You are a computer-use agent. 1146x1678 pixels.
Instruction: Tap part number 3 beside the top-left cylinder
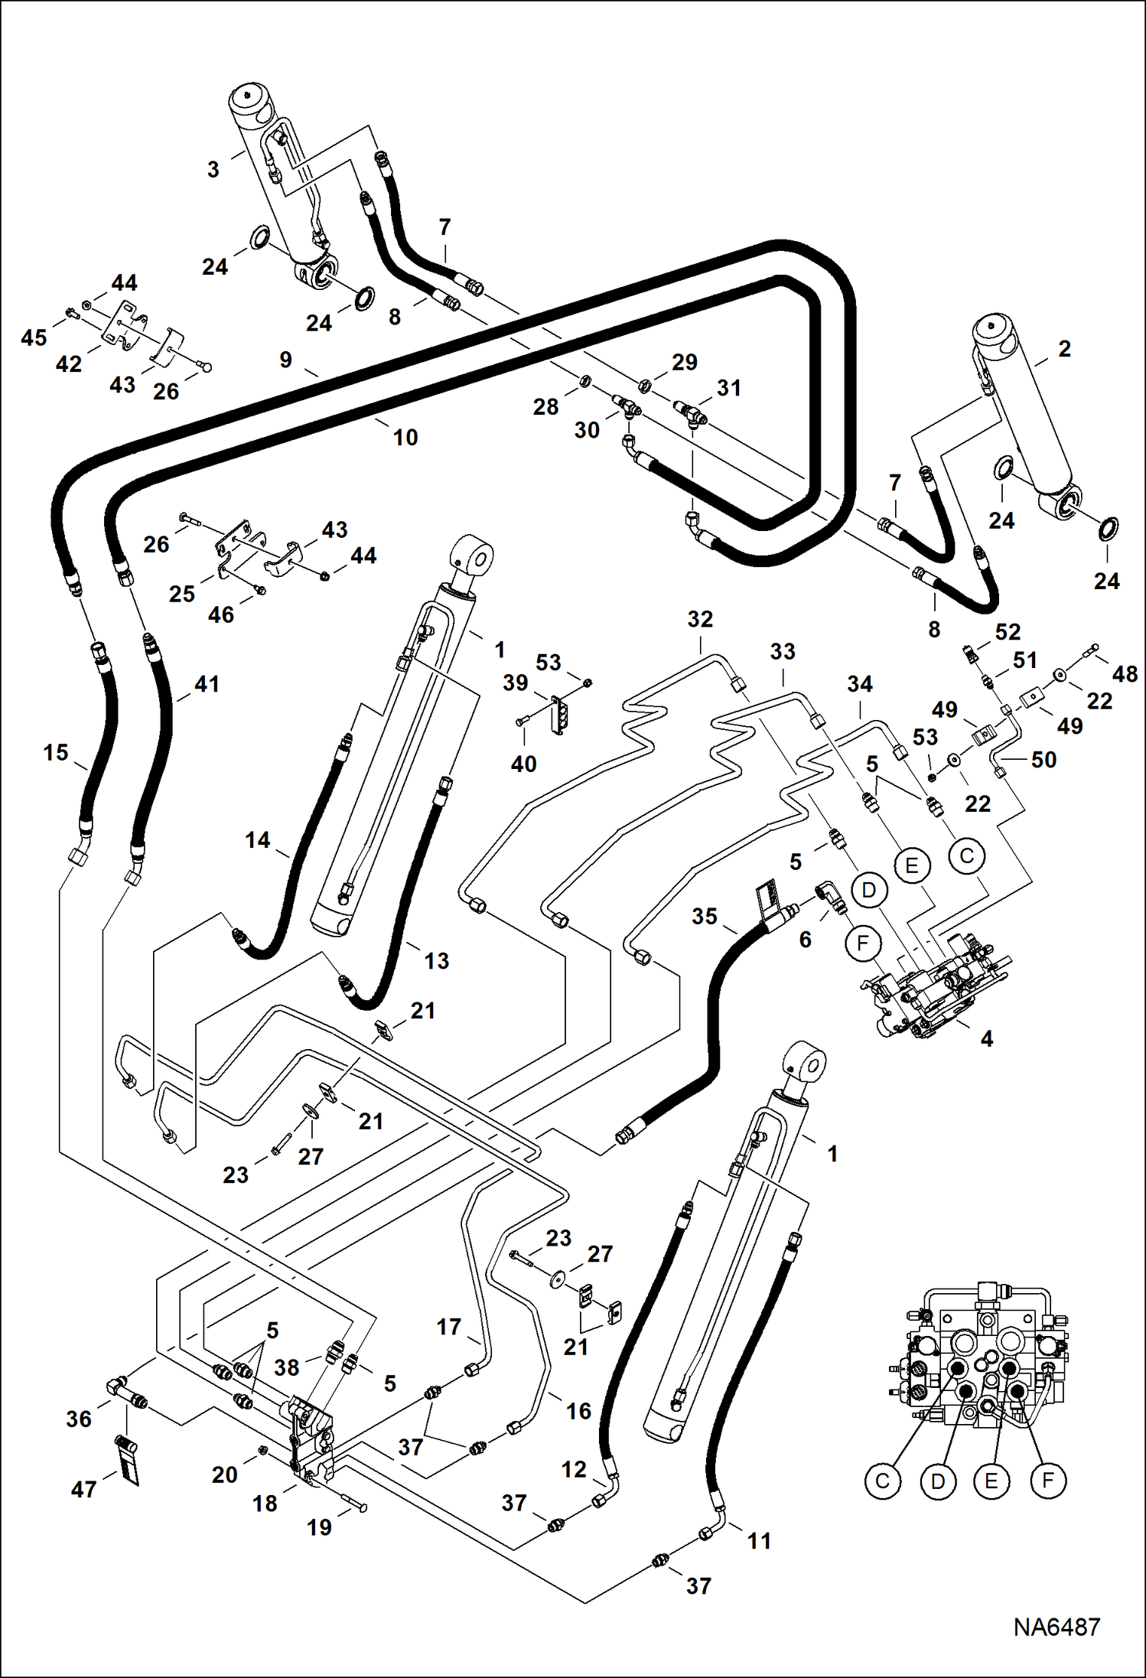[x=213, y=169]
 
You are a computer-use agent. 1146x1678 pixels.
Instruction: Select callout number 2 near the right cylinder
[x=1064, y=348]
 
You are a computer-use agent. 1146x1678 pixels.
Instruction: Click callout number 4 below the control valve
[x=986, y=1038]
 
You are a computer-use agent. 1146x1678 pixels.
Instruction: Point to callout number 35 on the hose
[x=705, y=916]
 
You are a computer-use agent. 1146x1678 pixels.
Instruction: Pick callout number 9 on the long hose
[x=285, y=359]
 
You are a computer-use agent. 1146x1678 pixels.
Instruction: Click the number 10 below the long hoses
[x=405, y=438]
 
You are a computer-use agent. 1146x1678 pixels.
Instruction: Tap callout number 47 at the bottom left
[x=83, y=1489]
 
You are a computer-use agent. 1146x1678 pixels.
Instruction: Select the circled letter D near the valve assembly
[x=868, y=890]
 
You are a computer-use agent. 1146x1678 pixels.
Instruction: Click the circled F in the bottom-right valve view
[x=1047, y=1481]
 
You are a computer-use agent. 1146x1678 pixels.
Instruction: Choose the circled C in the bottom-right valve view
[x=882, y=1481]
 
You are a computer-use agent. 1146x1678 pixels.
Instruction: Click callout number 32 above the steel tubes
[x=700, y=619]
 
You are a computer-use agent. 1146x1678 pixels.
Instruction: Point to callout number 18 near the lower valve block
[x=265, y=1504]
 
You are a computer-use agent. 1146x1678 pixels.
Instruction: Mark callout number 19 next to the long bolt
[x=319, y=1527]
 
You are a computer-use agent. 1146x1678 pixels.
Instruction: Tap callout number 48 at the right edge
[x=1125, y=674]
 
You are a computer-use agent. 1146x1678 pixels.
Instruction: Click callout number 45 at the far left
[x=34, y=337]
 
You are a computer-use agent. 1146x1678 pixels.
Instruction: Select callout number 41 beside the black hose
[x=207, y=684]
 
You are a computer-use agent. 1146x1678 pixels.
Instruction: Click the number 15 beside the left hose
[x=56, y=752]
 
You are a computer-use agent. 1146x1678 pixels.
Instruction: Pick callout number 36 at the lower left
[x=79, y=1419]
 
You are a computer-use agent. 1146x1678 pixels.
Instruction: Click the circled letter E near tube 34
[x=911, y=865]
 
